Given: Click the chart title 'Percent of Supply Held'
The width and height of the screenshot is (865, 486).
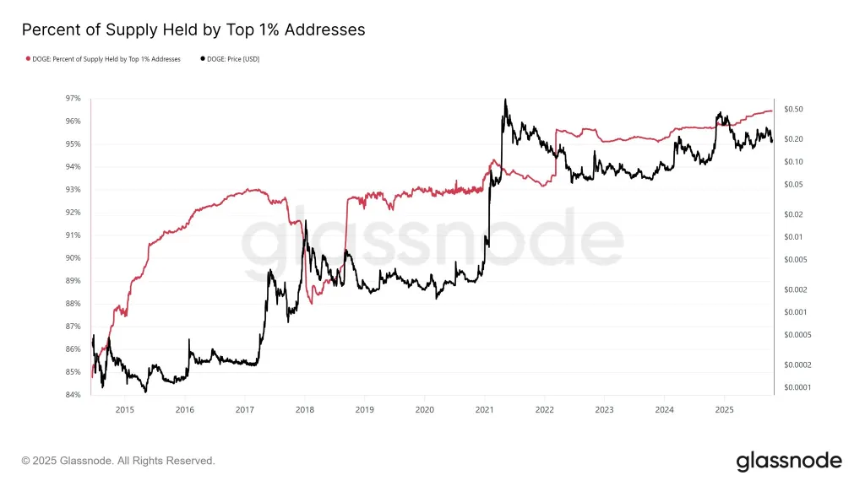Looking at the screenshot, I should [193, 30].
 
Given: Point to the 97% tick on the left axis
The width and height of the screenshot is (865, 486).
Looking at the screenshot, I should [73, 99].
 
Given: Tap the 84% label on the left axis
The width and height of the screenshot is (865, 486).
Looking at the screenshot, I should [73, 395].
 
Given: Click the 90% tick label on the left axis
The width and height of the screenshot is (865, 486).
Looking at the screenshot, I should [73, 258].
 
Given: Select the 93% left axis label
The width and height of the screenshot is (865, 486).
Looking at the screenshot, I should [73, 190].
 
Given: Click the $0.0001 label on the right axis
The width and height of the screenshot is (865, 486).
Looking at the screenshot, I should [798, 387].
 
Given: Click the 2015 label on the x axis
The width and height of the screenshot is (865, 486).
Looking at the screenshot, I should [124, 409].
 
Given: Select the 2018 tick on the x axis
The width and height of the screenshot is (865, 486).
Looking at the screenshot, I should [304, 409].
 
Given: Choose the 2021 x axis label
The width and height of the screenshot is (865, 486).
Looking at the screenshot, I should [484, 409].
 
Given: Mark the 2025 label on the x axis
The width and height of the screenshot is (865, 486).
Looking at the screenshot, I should [724, 409].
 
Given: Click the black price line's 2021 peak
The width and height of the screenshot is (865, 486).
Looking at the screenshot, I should [505, 100].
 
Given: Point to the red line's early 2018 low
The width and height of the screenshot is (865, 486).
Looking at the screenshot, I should [311, 303].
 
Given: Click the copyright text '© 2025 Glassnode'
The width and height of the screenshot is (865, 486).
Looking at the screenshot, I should [118, 461].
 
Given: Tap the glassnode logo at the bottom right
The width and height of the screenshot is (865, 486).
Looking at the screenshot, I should [788, 461].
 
